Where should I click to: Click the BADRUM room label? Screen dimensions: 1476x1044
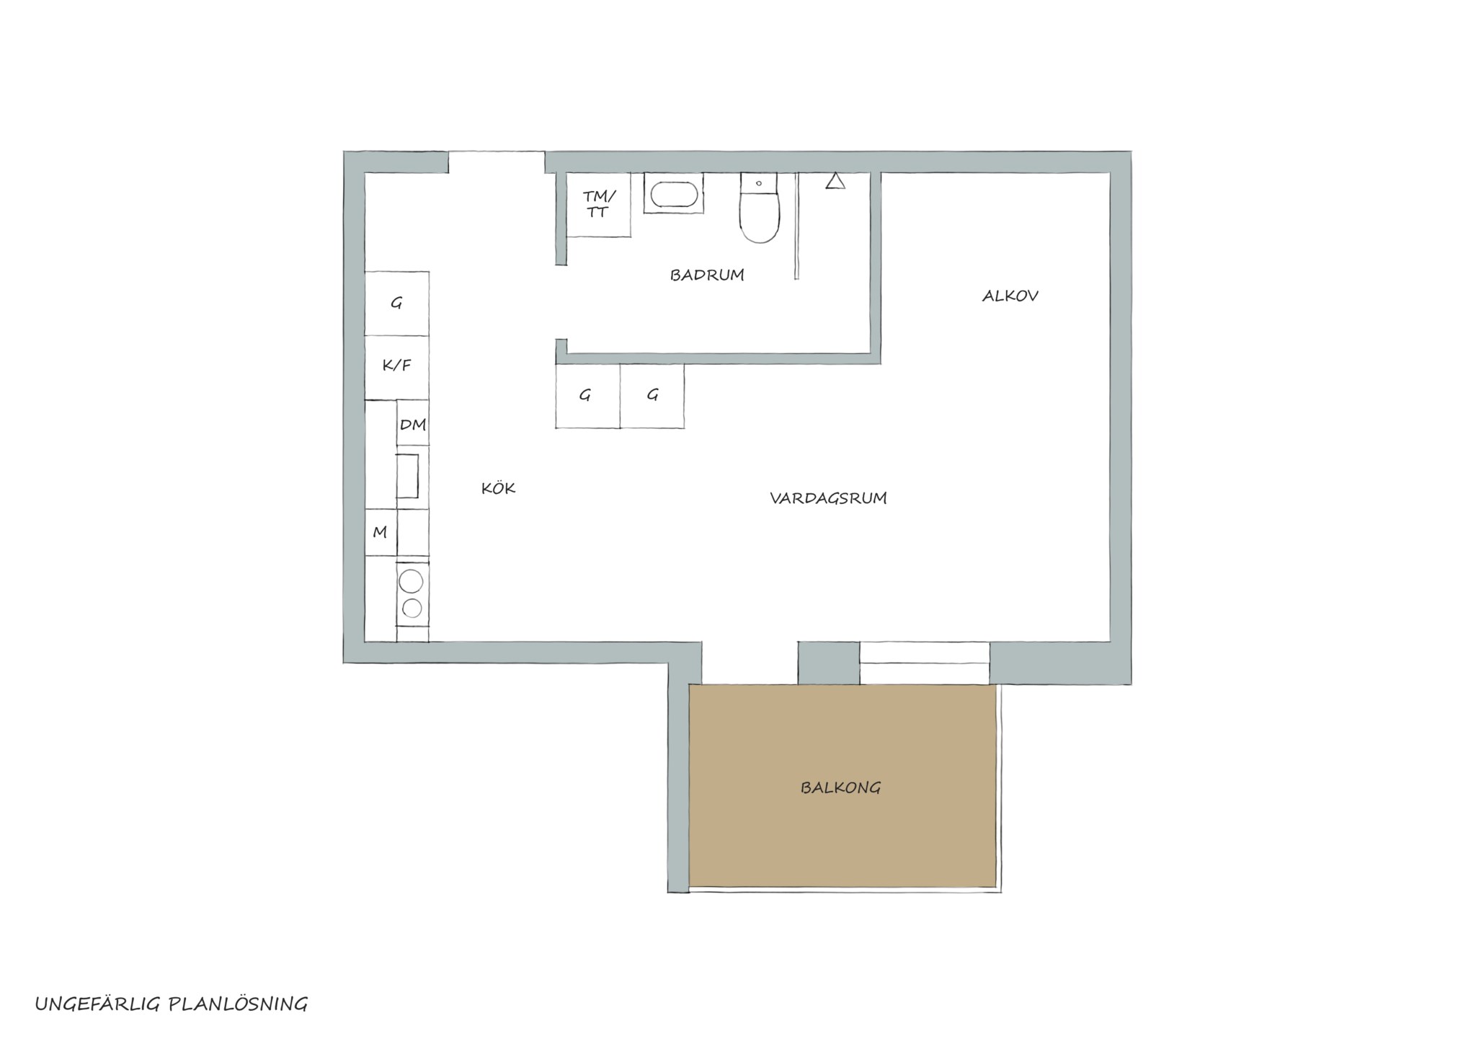pos(707,275)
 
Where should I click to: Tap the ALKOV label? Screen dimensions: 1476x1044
pos(1010,296)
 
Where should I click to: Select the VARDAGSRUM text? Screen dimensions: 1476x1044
pos(828,498)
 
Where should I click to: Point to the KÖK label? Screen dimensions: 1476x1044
pos(499,488)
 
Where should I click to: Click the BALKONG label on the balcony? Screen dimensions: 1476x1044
pos(840,787)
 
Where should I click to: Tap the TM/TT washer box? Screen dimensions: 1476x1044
pos(598,205)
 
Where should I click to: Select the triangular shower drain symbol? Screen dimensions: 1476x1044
pos(835,181)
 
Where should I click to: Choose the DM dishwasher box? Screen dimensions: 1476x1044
pos(413,423)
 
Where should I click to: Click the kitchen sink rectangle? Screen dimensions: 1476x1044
pos(407,476)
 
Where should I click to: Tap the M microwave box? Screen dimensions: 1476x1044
pos(381,532)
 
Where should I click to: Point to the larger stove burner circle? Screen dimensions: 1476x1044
pos(412,581)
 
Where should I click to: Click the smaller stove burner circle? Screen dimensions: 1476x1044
pos(412,609)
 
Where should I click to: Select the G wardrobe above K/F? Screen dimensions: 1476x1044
pos(397,304)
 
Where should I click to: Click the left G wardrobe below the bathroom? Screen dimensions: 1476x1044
pos(587,397)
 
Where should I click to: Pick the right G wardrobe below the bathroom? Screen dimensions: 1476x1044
pos(652,397)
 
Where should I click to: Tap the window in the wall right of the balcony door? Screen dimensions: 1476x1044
pos(925,663)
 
